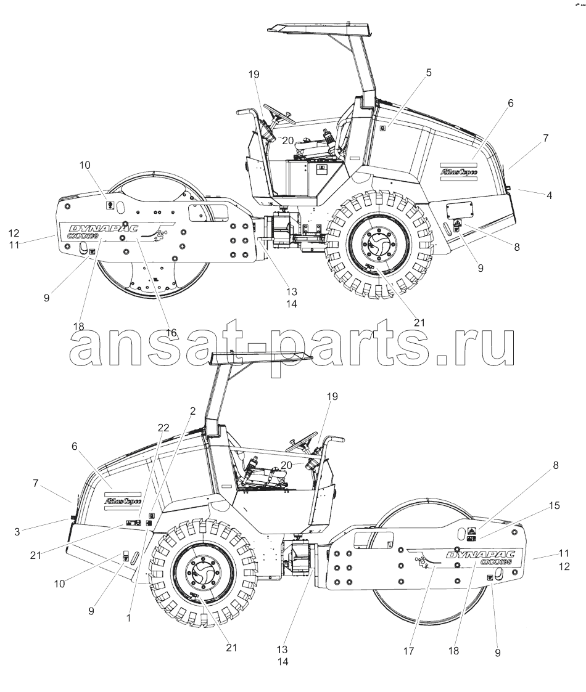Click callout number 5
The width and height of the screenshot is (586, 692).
tap(429, 72)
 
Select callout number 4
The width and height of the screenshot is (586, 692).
tap(550, 195)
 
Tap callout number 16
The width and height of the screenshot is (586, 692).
tap(171, 332)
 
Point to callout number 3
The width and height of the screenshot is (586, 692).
tap(17, 532)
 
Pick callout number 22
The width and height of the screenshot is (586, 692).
tap(163, 428)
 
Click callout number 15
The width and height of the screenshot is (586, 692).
tap(554, 505)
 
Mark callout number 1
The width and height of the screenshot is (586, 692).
tap(128, 618)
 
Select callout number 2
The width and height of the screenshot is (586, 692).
tap(192, 411)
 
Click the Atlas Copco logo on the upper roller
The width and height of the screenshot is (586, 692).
tap(459, 170)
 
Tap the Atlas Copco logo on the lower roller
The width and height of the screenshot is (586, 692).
tap(122, 501)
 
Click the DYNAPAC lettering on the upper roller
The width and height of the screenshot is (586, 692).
tap(103, 228)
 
